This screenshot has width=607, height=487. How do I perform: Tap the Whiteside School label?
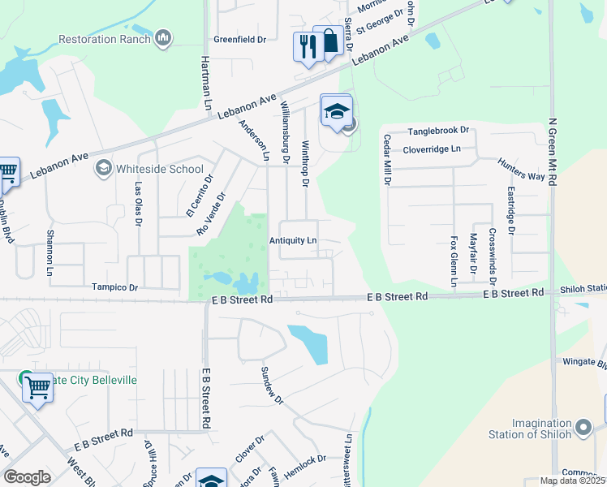coord(159,169)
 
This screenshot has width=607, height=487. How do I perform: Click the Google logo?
coord(27,477)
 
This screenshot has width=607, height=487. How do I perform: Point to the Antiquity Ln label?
coord(293,241)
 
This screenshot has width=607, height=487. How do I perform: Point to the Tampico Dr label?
coord(115,287)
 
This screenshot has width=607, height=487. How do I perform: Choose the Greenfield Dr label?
coord(240,39)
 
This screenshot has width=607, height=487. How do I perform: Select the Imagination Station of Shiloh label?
coord(541,429)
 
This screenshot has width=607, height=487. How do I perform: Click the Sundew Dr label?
coord(271,385)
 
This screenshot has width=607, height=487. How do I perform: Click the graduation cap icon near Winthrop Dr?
coord(337,111)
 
